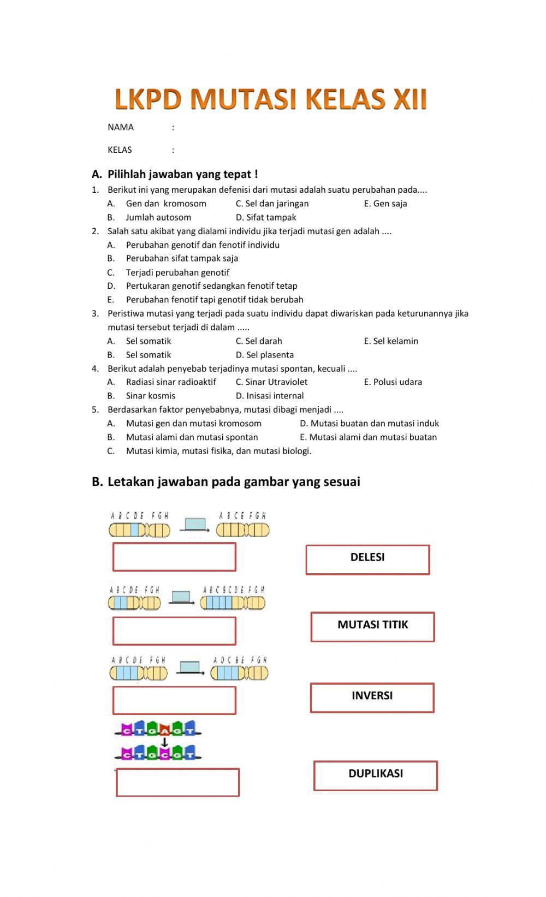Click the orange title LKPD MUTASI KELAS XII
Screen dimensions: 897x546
point(271,99)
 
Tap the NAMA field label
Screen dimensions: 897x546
point(121,127)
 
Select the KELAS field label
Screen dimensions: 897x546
point(120,150)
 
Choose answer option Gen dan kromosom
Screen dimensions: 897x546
point(166,204)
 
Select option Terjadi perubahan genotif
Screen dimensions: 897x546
point(177,272)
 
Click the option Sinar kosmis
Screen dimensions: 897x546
point(151,396)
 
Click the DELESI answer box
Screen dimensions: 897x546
point(367,559)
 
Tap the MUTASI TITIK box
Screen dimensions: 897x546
point(372,626)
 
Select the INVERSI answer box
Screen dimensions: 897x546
point(372,697)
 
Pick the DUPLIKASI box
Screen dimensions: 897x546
point(376,775)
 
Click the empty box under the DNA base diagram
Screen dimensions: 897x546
point(177,782)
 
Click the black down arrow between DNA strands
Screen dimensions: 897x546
point(164,742)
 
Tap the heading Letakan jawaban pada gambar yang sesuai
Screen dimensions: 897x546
point(234,482)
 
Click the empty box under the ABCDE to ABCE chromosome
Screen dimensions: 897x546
point(174,556)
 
